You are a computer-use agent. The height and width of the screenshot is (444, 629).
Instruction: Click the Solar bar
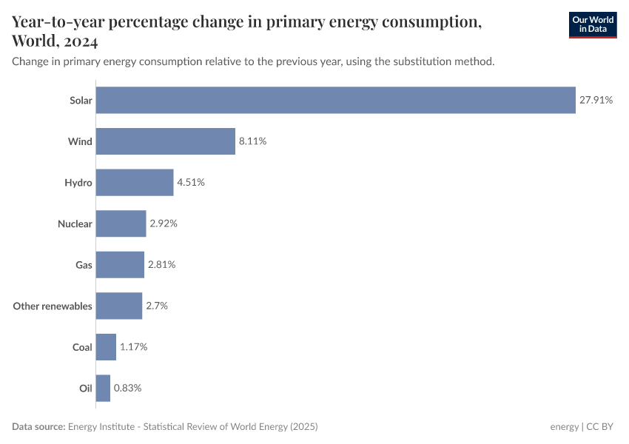[x=335, y=100]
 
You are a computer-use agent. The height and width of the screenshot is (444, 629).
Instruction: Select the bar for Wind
[x=165, y=141]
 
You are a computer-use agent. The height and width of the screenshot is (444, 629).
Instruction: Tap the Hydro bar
[x=135, y=182]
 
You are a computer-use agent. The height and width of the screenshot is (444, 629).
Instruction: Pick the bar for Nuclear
[x=121, y=223]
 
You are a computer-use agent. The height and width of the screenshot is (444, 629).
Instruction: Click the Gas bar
[x=120, y=264]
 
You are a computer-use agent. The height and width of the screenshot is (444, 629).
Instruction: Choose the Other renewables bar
[x=118, y=306]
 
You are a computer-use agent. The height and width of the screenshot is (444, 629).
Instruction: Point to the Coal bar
[x=106, y=347]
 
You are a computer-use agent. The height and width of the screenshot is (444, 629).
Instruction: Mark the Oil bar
[x=103, y=388]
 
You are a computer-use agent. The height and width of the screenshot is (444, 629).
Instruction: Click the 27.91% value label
[x=596, y=100]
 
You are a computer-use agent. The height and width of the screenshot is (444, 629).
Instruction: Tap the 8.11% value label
[x=252, y=141]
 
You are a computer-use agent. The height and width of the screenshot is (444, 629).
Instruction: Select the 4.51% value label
[x=190, y=182]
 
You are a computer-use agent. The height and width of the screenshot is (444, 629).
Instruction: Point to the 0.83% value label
[x=127, y=388]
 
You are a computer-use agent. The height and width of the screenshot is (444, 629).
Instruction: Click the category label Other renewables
[x=53, y=306]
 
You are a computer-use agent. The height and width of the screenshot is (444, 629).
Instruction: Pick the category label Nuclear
[x=75, y=223]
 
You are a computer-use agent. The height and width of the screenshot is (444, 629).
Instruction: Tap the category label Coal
[x=82, y=347]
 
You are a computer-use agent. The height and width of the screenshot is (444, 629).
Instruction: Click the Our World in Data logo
[x=593, y=25]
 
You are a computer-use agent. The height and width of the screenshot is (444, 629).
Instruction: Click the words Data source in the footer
[x=38, y=427]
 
